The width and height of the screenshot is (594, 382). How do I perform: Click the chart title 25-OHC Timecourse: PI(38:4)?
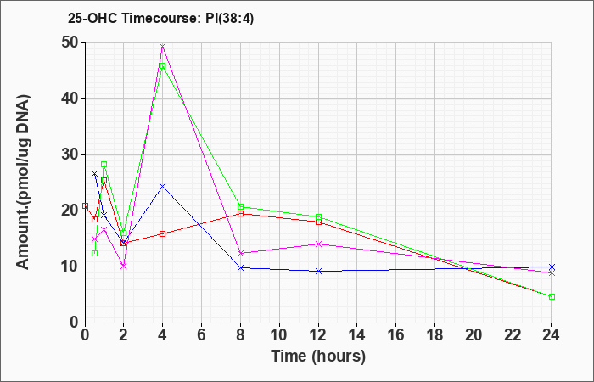pyautogui.click(x=160, y=18)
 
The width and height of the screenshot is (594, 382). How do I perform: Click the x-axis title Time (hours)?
pyautogui.click(x=318, y=357)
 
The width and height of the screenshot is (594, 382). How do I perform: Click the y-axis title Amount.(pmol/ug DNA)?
pyautogui.click(x=24, y=183)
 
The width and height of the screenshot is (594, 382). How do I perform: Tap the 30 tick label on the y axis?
pyautogui.click(x=70, y=154)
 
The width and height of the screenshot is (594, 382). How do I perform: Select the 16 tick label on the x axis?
pyautogui.click(x=396, y=334)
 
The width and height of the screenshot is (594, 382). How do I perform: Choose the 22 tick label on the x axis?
pyautogui.click(x=513, y=334)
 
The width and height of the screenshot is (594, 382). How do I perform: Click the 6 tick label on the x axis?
pyautogui.click(x=202, y=334)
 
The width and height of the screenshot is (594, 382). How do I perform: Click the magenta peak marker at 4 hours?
pyautogui.click(x=163, y=46)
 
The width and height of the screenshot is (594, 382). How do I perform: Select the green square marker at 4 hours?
pyautogui.click(x=163, y=66)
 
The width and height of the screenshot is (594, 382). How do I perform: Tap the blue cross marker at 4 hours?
pyautogui.click(x=163, y=186)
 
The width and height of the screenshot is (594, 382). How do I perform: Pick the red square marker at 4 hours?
pyautogui.click(x=163, y=233)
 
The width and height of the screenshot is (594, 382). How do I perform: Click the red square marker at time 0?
pyautogui.click(x=85, y=205)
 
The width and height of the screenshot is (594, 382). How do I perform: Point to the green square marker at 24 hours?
pyautogui.click(x=552, y=297)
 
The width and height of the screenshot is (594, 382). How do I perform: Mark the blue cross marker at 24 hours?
pyautogui.click(x=552, y=267)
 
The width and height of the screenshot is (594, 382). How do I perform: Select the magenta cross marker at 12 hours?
pyautogui.click(x=318, y=244)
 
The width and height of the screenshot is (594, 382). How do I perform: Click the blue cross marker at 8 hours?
pyautogui.click(x=240, y=267)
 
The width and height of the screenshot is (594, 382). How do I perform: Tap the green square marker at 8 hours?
pyautogui.click(x=240, y=206)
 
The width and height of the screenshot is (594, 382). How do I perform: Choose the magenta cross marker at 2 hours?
pyautogui.click(x=124, y=266)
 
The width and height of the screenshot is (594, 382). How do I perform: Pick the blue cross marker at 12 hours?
pyautogui.click(x=318, y=271)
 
